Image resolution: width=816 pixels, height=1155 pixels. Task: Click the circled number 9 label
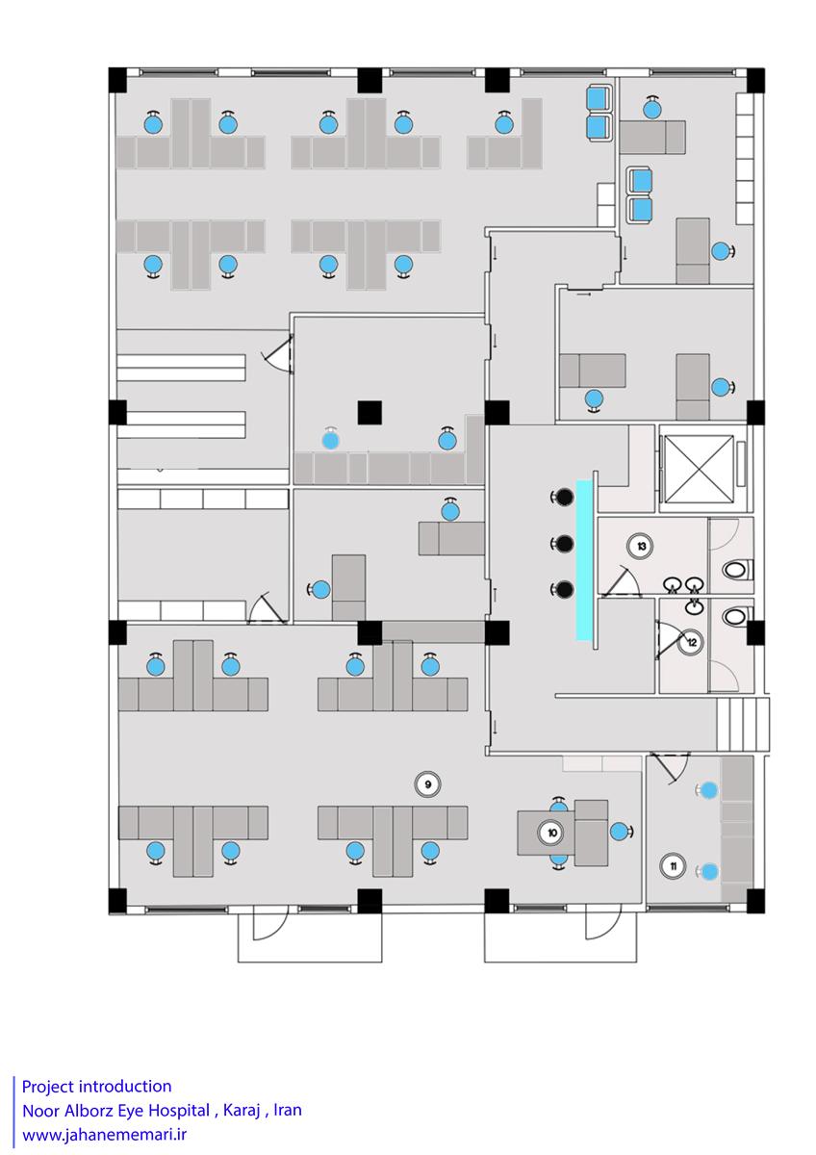click(428, 784)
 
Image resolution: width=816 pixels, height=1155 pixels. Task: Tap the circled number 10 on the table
click(551, 833)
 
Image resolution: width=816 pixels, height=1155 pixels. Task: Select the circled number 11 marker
click(673, 865)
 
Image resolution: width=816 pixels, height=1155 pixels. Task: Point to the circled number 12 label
click(692, 642)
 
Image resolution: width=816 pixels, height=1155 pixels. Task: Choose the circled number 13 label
click(641, 546)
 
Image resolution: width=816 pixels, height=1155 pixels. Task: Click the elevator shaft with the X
click(699, 469)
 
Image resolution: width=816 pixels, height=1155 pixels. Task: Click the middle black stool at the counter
click(564, 543)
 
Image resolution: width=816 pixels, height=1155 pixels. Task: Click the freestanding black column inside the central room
click(370, 413)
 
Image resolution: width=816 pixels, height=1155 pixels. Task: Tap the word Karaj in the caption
click(241, 1110)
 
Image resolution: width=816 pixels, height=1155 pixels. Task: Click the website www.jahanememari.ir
click(104, 1135)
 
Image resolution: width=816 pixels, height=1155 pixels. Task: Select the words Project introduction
click(96, 1087)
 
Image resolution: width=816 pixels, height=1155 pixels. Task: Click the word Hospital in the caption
click(179, 1110)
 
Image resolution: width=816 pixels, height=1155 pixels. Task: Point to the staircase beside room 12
click(742, 724)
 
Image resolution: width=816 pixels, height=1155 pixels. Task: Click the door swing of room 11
click(671, 768)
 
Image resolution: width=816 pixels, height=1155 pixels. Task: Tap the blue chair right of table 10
click(621, 832)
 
